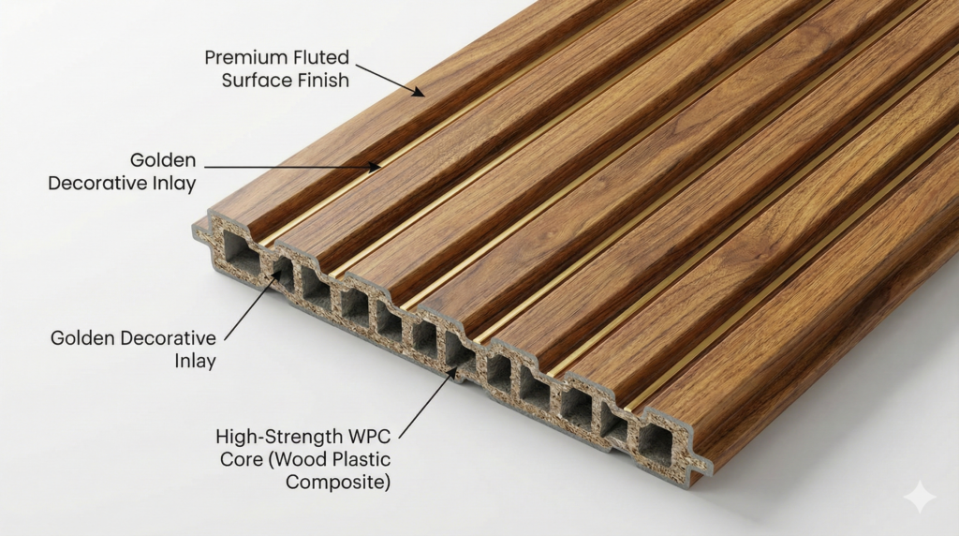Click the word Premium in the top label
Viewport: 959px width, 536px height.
pyautogui.click(x=247, y=57)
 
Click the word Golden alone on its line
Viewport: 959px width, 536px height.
pyautogui.click(x=163, y=160)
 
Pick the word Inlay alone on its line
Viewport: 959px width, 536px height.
pyautogui.click(x=195, y=361)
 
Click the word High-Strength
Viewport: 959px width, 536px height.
pyautogui.click(x=279, y=438)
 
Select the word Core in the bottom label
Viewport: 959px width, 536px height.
pyautogui.click(x=242, y=459)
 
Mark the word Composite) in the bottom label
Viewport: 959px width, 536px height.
pyautogui.click(x=337, y=483)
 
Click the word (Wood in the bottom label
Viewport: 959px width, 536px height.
pyautogui.click(x=297, y=459)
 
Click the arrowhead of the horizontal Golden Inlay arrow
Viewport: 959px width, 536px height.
pyautogui.click(x=375, y=166)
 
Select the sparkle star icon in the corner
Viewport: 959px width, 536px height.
pyautogui.click(x=920, y=497)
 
